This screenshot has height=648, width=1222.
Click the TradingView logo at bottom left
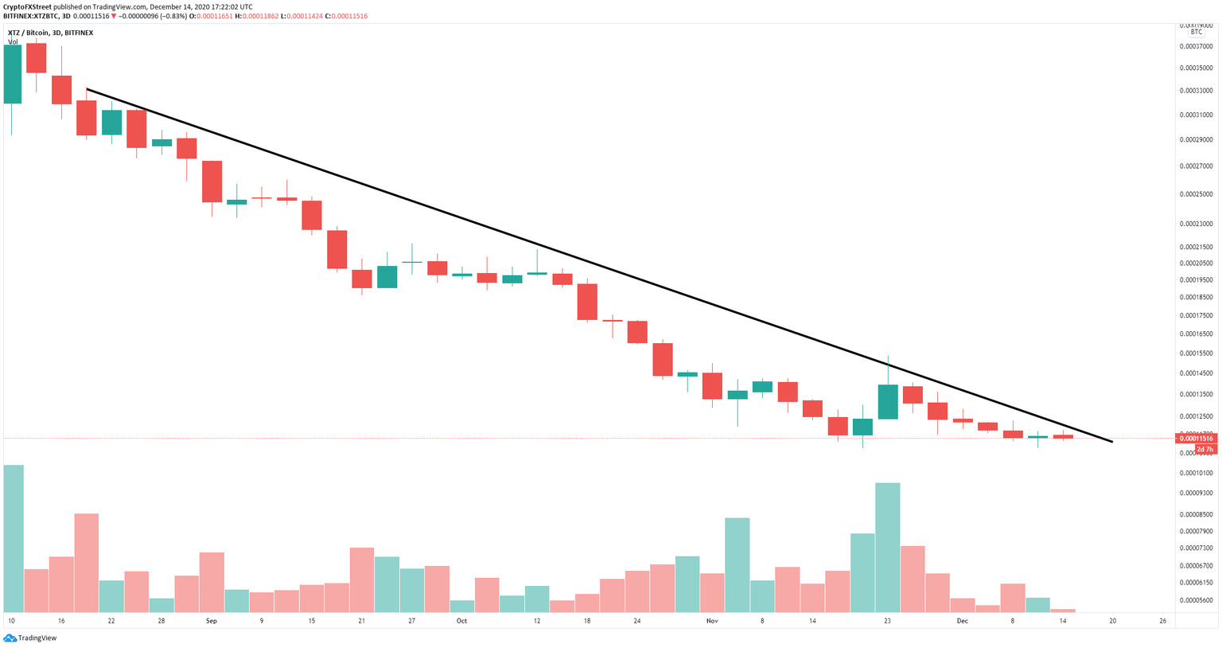30,638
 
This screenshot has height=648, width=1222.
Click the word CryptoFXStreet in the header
28,6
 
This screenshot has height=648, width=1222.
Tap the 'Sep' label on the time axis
211,620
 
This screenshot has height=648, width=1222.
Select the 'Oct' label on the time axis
461,620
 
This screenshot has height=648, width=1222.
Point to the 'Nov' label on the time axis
711,620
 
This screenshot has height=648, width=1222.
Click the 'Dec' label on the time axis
962,620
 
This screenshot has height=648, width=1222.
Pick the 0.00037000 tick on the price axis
1197,47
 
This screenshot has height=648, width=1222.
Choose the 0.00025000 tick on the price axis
1197,194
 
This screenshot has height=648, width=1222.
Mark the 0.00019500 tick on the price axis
1197,280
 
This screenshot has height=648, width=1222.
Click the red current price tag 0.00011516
1196,439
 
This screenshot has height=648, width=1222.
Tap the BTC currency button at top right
1197,33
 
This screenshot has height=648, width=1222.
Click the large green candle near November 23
888,402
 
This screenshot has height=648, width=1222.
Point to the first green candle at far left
13,74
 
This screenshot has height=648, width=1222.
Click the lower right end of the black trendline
1111,441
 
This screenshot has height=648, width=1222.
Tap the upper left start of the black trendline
87,89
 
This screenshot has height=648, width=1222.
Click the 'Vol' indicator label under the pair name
13,42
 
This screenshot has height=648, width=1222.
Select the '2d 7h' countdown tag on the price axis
1204,450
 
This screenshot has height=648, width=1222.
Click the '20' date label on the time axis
1112,620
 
